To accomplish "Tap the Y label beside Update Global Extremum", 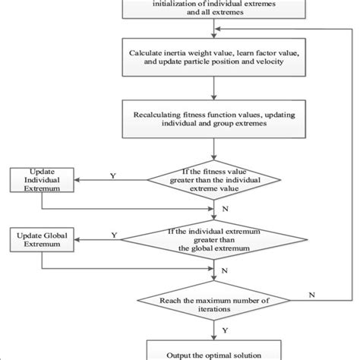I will (114, 236).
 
